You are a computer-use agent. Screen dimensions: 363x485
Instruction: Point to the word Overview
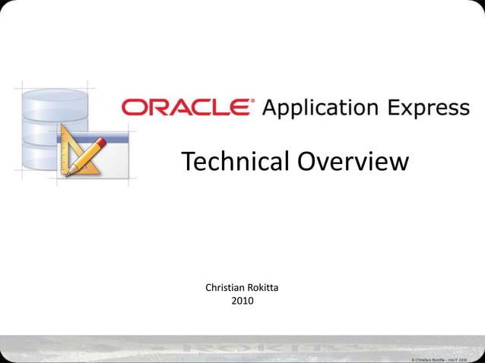[353, 161]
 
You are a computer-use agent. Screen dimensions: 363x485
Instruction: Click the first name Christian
[228, 288]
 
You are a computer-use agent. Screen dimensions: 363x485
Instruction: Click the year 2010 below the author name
[242, 301]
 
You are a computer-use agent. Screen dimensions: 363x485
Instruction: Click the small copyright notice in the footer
[444, 358]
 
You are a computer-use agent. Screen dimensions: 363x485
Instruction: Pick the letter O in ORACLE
[135, 107]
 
